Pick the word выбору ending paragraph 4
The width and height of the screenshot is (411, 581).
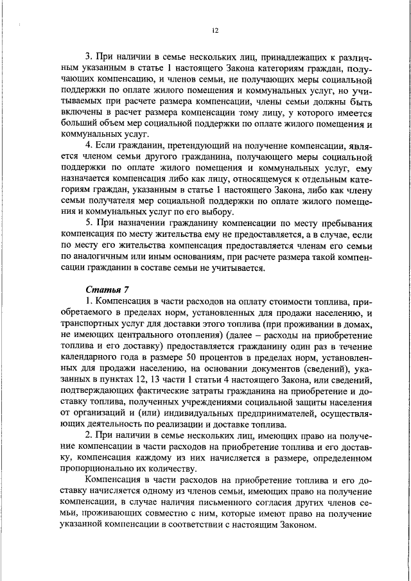point(218,213)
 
